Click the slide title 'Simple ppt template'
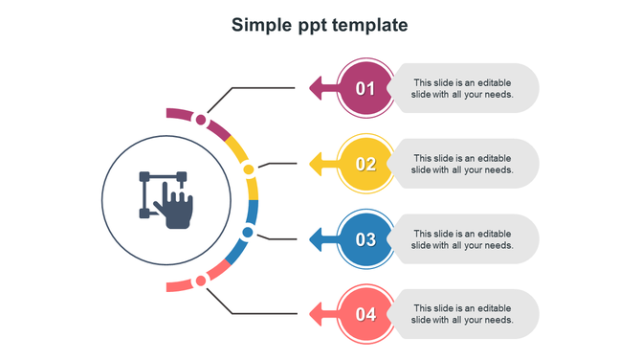click(x=320, y=26)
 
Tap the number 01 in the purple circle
click(x=366, y=89)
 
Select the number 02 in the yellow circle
click(x=366, y=164)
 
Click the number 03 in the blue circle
click(x=366, y=239)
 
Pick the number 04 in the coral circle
click(x=366, y=314)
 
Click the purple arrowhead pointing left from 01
click(x=316, y=89)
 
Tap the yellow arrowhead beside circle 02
click(x=316, y=164)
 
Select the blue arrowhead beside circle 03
click(x=316, y=239)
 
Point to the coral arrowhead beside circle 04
click(x=316, y=314)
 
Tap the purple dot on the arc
click(x=201, y=120)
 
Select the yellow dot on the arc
click(x=249, y=169)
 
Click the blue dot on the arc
click(x=248, y=232)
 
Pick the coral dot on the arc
click(x=201, y=281)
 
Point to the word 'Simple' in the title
click(x=261, y=26)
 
